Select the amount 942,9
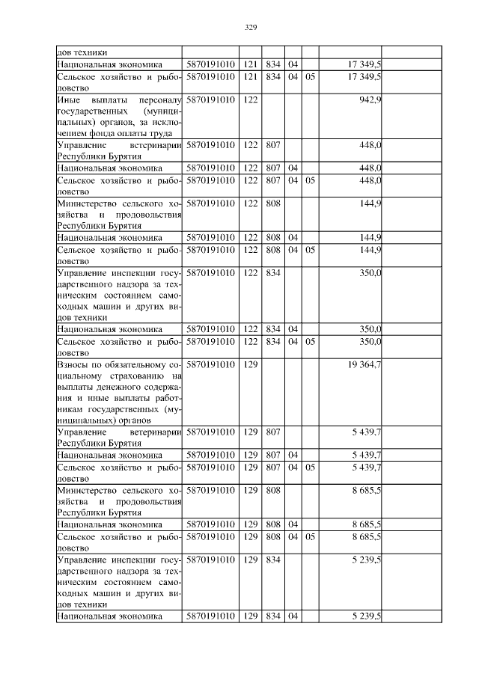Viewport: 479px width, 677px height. tap(370, 99)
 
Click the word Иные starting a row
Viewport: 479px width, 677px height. tap(70, 99)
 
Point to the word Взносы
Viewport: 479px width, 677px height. tap(73, 364)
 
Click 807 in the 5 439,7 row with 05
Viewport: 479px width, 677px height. tap(272, 468)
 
